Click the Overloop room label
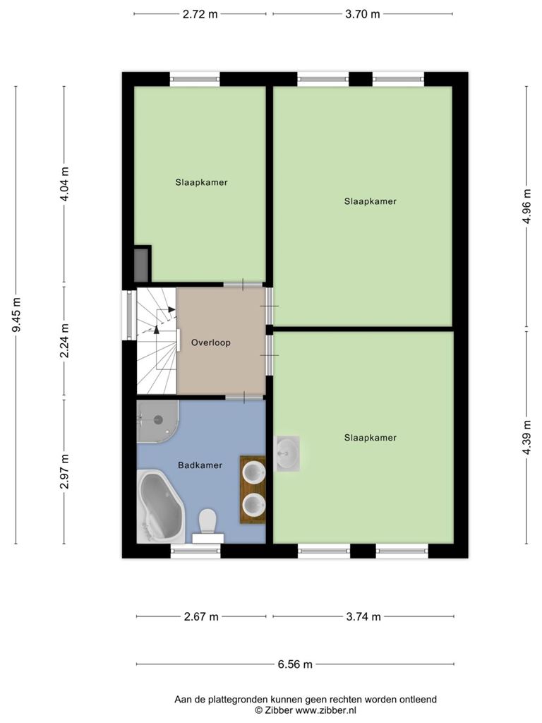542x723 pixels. pos(210,342)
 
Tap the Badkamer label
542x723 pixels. pos(200,465)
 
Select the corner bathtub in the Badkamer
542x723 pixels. pos(161,506)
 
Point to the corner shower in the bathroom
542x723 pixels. pos(157,422)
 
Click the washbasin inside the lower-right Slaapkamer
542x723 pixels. pos(287,454)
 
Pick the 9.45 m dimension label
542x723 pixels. pos(17,315)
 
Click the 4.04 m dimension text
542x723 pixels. pos(65,184)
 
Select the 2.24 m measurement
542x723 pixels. pos(65,340)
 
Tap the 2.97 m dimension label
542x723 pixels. pos(65,471)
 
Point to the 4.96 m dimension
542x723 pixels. pos(526,206)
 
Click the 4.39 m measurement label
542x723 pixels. pos(526,436)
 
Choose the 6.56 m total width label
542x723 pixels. pos(295,664)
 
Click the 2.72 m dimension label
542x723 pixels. pos(200,14)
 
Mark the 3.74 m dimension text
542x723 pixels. pos(363,616)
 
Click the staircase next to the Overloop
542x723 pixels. pos(157,341)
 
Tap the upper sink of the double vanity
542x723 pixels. pos(254,472)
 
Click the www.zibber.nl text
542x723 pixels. pos(325,710)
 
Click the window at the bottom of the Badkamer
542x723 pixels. pos(195,551)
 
